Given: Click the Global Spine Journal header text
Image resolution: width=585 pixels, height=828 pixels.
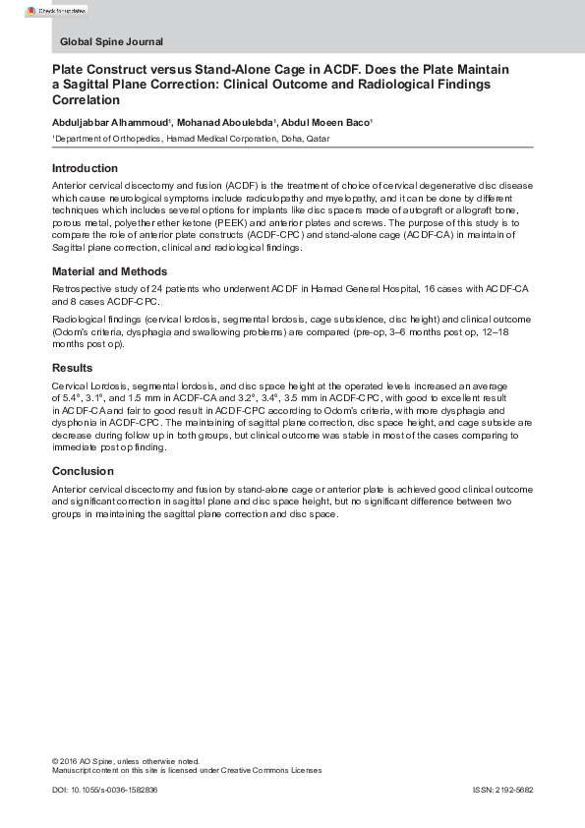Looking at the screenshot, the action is click(111, 42).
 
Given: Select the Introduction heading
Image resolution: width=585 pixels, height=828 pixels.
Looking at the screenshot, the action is click(85, 168).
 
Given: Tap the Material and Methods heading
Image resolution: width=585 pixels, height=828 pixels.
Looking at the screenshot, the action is click(109, 271).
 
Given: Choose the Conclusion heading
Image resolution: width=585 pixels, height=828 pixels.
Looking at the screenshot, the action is click(83, 471).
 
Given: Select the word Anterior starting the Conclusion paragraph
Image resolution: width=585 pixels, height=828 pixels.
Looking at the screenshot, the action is click(71, 490).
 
